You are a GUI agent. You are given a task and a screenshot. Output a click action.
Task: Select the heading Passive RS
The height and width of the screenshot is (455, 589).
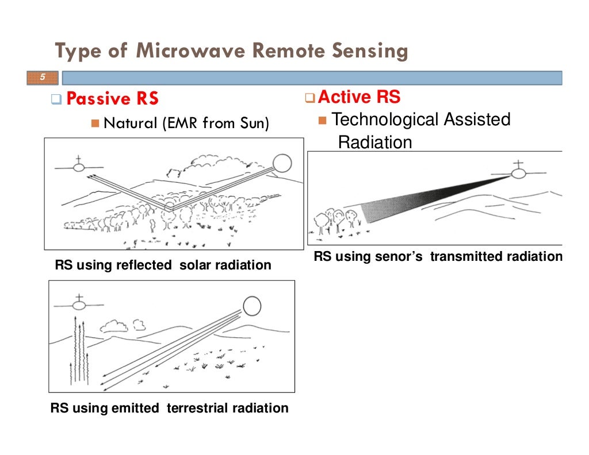(112, 99)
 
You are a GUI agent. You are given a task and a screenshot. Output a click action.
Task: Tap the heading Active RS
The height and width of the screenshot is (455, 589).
(359, 97)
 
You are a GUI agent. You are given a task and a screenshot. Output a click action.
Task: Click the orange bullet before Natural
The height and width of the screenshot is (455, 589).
(95, 123)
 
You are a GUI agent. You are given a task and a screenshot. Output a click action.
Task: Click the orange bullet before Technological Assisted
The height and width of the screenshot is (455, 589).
(322, 120)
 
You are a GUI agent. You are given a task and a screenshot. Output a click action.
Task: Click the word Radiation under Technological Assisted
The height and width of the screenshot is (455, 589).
(375, 142)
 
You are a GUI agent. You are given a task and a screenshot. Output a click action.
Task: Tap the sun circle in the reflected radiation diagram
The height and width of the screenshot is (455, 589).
(282, 163)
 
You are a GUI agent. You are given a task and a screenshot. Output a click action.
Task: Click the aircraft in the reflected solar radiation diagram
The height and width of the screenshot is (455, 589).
(79, 167)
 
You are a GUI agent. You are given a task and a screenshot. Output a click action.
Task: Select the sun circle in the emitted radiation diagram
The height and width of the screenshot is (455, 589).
(251, 306)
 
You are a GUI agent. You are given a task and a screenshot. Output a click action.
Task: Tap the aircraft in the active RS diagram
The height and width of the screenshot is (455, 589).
(519, 172)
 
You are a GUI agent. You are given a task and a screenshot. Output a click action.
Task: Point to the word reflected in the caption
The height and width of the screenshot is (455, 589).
(145, 265)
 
